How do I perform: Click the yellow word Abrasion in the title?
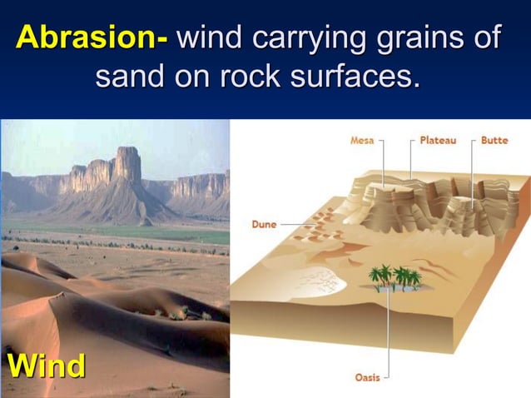point(92,37)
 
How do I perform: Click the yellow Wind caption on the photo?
point(46,366)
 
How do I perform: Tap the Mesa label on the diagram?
point(361,141)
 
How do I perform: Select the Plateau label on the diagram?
point(438,141)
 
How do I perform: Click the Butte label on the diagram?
point(494,141)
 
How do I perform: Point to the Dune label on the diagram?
point(264,224)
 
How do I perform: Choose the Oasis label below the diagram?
point(367,377)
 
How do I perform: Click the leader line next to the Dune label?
point(291,224)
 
